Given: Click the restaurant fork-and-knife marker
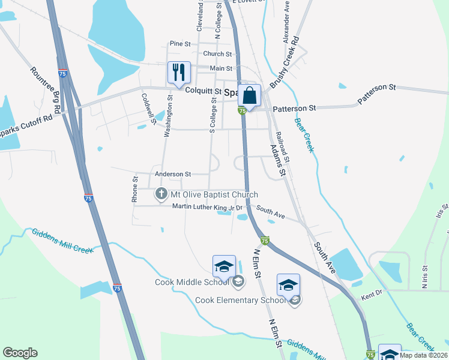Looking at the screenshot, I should pyautogui.click(x=179, y=73).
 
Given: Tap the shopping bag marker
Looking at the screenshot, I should pyautogui.click(x=249, y=95).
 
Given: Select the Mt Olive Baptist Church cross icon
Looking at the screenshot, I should pyautogui.click(x=161, y=194).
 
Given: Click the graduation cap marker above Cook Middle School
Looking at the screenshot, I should pyautogui.click(x=223, y=266).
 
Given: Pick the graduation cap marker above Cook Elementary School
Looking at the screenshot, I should pyautogui.click(x=288, y=284).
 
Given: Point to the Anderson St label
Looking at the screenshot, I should pyautogui.click(x=172, y=174).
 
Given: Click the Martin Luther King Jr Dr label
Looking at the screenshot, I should pyautogui.click(x=206, y=208).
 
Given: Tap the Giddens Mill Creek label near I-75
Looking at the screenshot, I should pyautogui.click(x=62, y=241).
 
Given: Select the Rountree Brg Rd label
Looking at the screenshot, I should pyautogui.click(x=44, y=89).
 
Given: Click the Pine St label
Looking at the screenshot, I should pyautogui.click(x=179, y=44).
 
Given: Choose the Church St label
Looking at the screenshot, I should pyautogui.click(x=213, y=54).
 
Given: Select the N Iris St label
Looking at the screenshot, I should pyautogui.click(x=424, y=277).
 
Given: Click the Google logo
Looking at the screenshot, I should pyautogui.click(x=20, y=352).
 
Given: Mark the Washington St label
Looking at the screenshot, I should pyautogui.click(x=169, y=115).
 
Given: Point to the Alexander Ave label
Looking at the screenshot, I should pyautogui.click(x=286, y=22).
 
